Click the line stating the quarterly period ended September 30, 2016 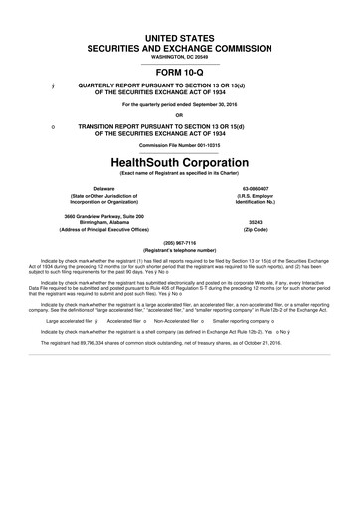click(x=180, y=101)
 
